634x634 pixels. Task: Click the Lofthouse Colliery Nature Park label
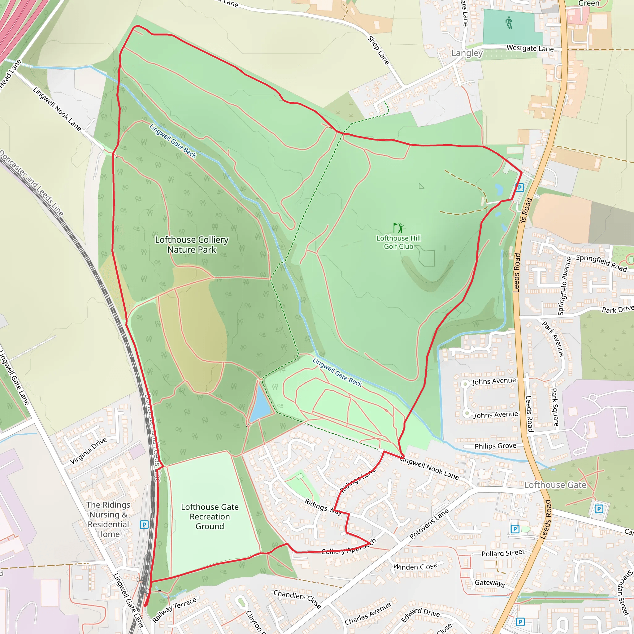[x=192, y=245]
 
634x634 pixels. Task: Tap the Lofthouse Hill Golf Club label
[x=398, y=242]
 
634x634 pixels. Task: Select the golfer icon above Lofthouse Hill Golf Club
[x=398, y=228]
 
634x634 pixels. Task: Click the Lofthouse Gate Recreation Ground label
[x=210, y=517]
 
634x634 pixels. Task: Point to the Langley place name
[x=467, y=53]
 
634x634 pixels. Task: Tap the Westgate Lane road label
[x=530, y=48]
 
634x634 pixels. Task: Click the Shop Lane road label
[x=378, y=50]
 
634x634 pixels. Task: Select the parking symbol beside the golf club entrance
[x=519, y=188]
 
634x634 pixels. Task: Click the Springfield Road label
[x=601, y=263]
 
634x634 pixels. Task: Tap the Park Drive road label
[x=617, y=310]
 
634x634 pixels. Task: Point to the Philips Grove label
[x=495, y=446]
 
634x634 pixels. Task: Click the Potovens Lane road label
[x=428, y=524]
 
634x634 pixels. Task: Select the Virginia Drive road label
[x=88, y=451]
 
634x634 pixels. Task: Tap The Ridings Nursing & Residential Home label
[x=108, y=519]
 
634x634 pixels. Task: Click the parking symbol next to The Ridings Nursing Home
[x=144, y=524]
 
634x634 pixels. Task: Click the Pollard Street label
[x=503, y=553]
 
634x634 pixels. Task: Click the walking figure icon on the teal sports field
[x=509, y=23]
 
